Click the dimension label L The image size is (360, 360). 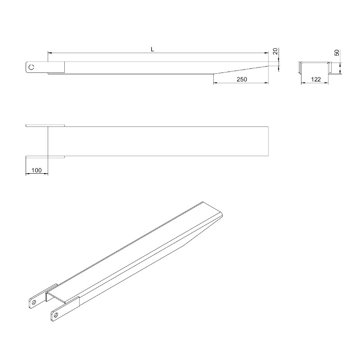(x=153, y=49)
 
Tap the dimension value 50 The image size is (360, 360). (x=336, y=53)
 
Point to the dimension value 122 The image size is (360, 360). (x=315, y=79)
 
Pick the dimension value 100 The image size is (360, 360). (x=36, y=171)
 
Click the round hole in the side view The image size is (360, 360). (x=31, y=67)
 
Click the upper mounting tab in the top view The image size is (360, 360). (x=45, y=126)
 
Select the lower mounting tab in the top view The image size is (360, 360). (x=45, y=157)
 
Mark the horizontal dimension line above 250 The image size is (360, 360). (x=241, y=83)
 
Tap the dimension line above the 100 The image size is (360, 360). (x=36, y=174)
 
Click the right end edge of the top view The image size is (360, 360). (x=269, y=141)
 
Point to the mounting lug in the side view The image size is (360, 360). (x=36, y=67)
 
